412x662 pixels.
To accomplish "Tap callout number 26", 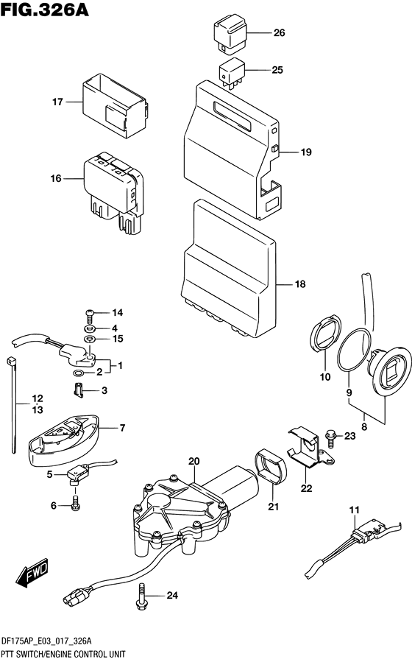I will click(x=278, y=33).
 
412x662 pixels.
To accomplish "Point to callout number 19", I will click(x=306, y=152).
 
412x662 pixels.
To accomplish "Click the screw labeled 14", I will click(x=90, y=314).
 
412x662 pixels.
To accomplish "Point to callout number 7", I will click(x=123, y=427).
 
